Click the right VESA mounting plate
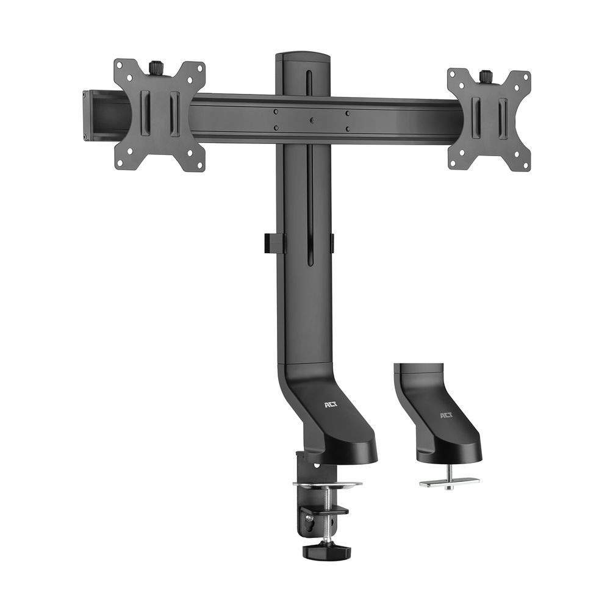coord(489,120)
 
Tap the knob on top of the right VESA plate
coord(486,77)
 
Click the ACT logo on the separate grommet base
coord(447,416)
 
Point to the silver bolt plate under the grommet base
coord(450,482)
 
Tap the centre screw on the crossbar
coord(311,120)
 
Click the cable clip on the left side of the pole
coord(274,242)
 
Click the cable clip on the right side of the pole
coord(332,243)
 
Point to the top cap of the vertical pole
coord(303,57)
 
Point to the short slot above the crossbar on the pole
coord(309,82)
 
